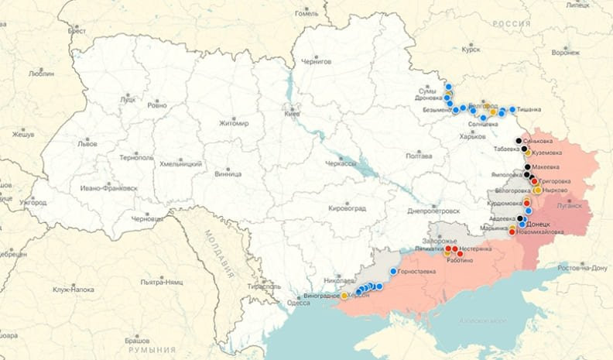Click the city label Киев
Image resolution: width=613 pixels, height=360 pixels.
point(293,114)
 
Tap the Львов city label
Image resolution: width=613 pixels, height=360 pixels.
point(87,144)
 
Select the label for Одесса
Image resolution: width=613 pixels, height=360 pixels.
point(299,303)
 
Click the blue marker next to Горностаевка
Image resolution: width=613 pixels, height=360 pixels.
point(394,272)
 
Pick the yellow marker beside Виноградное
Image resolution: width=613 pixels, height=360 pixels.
point(344,296)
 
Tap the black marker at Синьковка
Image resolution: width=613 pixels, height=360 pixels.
point(519,142)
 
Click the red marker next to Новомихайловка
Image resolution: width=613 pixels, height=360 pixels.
point(512,231)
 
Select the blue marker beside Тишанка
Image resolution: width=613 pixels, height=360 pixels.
point(512,109)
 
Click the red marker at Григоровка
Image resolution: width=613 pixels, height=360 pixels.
point(534,181)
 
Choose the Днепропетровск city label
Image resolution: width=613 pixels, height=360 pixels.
point(433,211)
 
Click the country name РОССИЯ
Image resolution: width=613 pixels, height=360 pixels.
point(512,24)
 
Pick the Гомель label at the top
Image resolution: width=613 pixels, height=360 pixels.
point(306,13)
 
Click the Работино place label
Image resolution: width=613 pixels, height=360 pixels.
point(459,260)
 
